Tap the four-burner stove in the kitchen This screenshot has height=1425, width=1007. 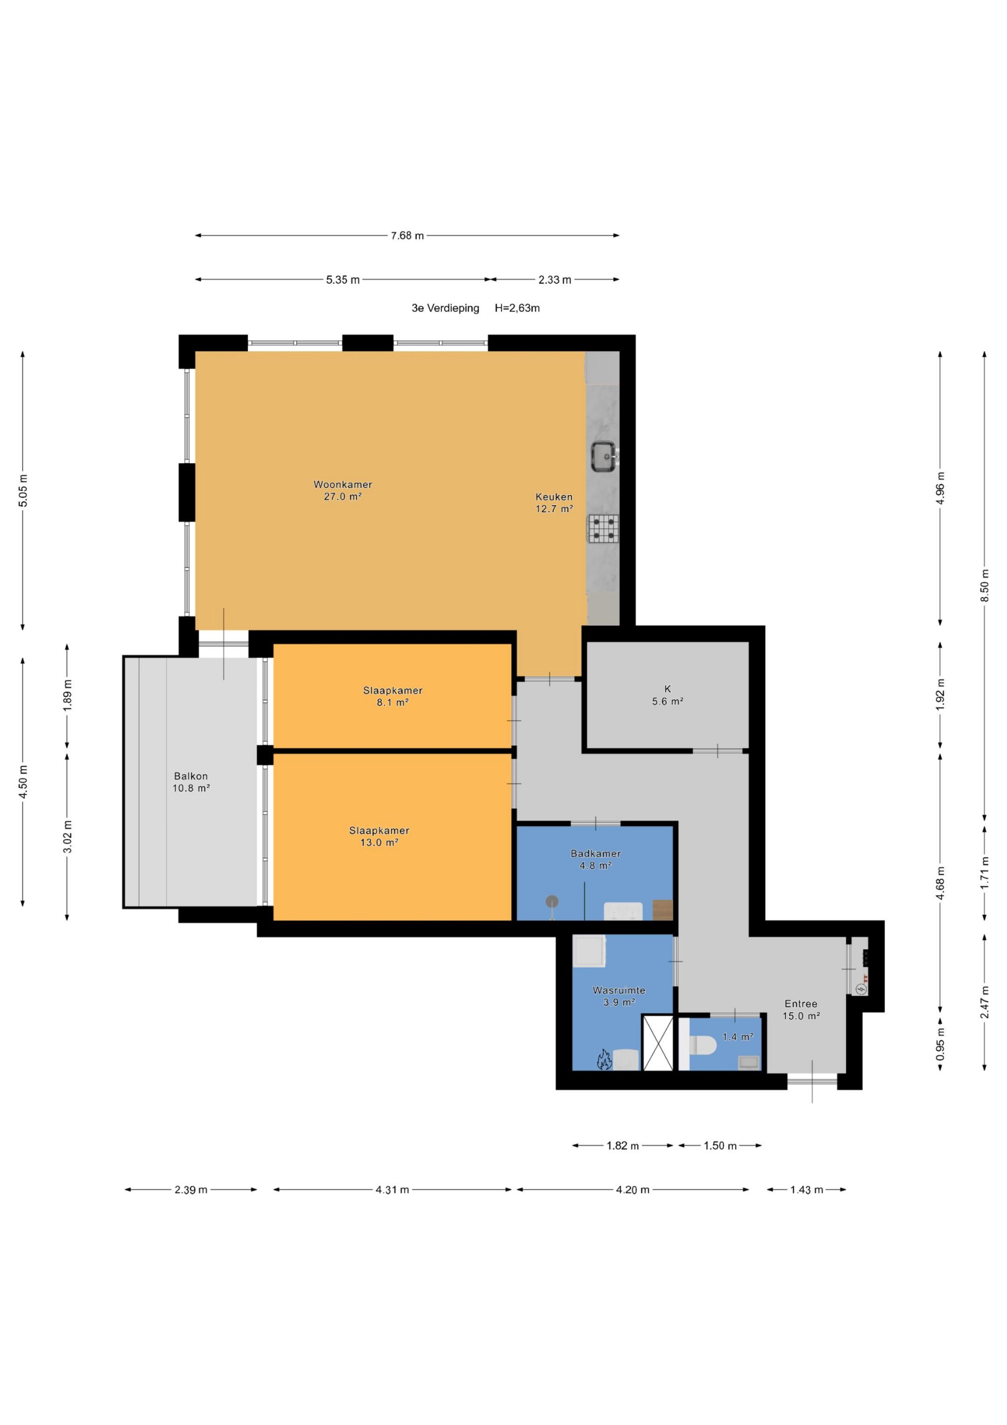pos(603,529)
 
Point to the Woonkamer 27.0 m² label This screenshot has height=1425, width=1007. pos(343,490)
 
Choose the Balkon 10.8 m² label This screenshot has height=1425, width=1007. pos(191,782)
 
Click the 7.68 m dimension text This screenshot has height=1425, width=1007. pos(407,236)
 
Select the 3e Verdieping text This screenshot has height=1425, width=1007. pos(446,308)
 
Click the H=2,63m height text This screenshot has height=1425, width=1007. pos(517,308)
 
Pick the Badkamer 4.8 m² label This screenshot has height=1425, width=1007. pos(596,860)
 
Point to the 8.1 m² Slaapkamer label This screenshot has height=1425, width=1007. pos(393,696)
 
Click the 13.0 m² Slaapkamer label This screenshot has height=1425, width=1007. pos(379,837)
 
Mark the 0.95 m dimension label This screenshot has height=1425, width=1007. pos(941,1044)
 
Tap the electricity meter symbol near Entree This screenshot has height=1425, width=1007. pos(861,989)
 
